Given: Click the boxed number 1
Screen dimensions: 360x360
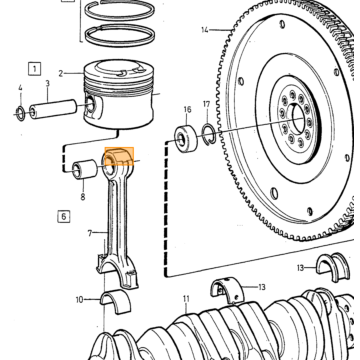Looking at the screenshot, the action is (34, 69).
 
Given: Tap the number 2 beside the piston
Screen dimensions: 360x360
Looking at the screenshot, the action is (61, 73).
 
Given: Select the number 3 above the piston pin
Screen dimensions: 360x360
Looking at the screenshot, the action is (48, 83).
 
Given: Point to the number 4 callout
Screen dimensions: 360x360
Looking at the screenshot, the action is (20, 88).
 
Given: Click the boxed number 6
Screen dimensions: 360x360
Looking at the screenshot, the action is (64, 217).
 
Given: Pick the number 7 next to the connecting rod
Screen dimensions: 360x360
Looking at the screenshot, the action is (90, 233).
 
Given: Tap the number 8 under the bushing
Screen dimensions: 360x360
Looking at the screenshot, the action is (83, 197).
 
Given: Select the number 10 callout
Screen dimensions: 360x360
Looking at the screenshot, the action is (79, 300).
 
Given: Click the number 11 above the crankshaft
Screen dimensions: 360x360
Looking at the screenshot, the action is (186, 299).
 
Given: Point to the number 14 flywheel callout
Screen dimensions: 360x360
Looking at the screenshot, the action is (205, 30).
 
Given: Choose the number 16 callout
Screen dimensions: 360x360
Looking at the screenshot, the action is (187, 109).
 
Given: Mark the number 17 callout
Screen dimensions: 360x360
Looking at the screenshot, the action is (207, 105).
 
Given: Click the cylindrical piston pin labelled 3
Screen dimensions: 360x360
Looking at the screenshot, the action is (53, 109).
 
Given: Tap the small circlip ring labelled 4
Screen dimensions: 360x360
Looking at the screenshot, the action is (21, 113).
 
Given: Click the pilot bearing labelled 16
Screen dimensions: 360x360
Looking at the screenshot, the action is (186, 138).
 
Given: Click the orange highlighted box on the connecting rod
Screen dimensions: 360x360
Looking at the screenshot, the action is (119, 156).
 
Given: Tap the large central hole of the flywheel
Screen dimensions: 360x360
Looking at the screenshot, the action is (298, 117).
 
